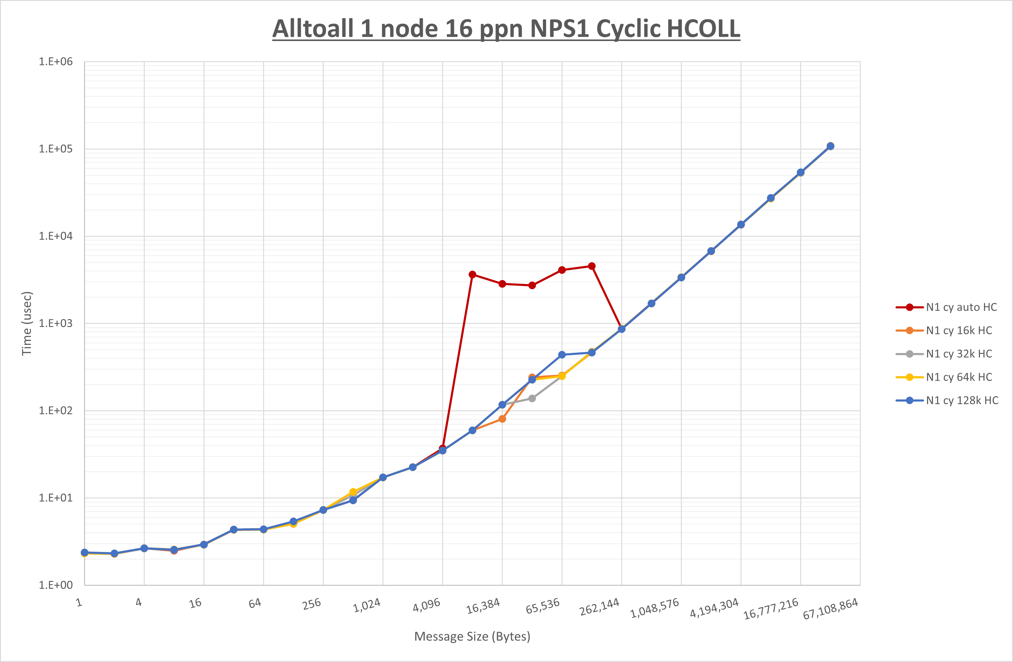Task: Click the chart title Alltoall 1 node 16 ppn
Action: coord(506,29)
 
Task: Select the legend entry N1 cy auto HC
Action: coord(961,307)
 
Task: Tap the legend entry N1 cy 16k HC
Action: coord(958,331)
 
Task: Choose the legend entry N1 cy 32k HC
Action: coord(958,354)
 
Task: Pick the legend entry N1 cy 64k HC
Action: coord(958,377)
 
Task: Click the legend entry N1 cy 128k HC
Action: coord(962,401)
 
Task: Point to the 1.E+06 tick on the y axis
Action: coord(56,62)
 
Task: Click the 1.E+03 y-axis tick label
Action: coord(56,323)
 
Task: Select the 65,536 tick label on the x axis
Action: coord(543,606)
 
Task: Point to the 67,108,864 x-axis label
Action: coord(830,609)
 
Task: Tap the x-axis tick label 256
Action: coord(312,604)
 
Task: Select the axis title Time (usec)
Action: coord(27,323)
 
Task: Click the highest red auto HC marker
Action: coord(592,266)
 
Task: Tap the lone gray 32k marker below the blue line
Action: coord(532,399)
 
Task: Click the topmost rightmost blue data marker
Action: coord(830,146)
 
